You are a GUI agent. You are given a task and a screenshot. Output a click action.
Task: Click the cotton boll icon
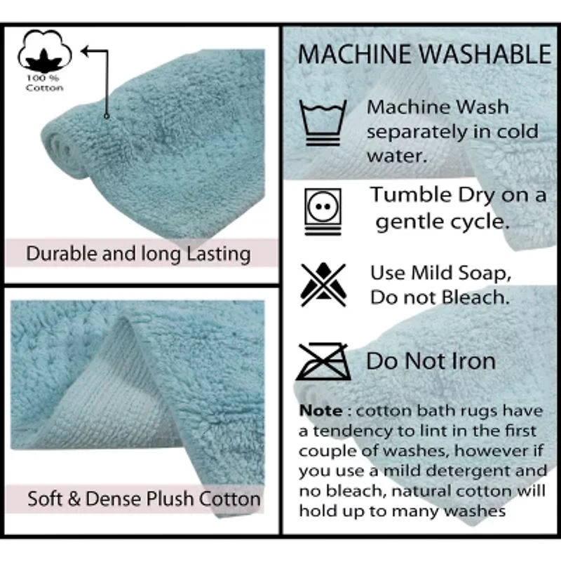click(x=44, y=49)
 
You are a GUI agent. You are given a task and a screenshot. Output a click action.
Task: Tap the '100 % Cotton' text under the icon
click(x=44, y=83)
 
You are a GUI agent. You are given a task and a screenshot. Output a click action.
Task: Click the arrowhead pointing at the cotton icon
click(x=86, y=50)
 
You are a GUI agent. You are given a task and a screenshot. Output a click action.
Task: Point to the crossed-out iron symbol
click(x=322, y=362)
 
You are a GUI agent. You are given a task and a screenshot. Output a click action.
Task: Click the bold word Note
click(x=321, y=410)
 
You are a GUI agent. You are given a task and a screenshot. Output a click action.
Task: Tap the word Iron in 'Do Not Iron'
click(x=471, y=362)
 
